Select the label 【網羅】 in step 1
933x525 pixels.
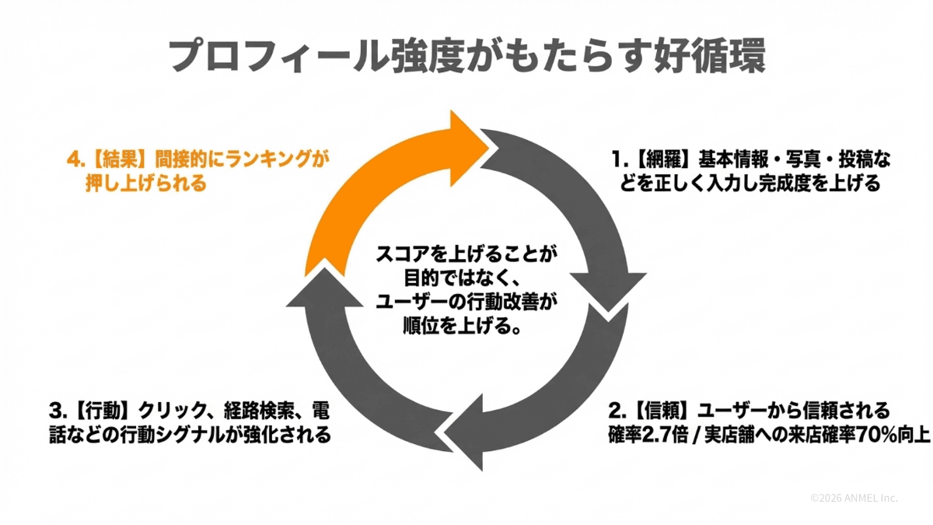[x=659, y=162]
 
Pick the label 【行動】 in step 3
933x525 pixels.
[x=102, y=411]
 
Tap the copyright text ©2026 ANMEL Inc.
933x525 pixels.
[x=854, y=498]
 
